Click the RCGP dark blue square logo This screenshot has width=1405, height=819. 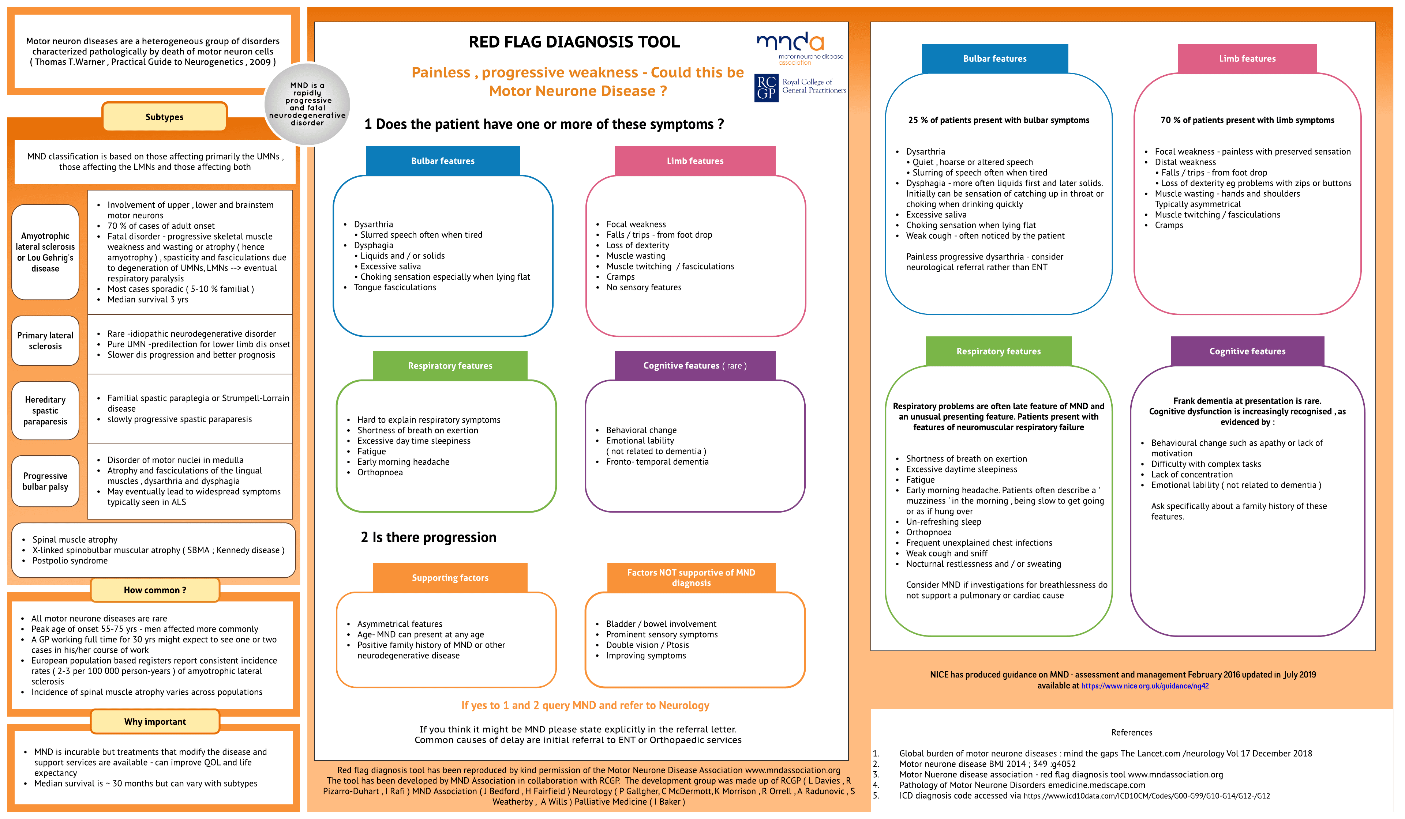pos(766,87)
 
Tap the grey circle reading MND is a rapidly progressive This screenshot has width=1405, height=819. pos(307,104)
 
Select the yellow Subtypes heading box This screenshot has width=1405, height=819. pos(165,117)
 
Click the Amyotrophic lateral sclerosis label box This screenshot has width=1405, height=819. pos(45,252)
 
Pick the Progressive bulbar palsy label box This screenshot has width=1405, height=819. pos(45,481)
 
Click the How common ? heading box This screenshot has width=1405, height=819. pos(155,590)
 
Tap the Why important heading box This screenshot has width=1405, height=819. pos(155,721)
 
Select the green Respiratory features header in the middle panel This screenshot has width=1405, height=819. pos(450,366)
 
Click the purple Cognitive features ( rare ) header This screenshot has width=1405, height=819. pos(695,366)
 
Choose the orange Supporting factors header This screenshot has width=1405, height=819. pos(450,578)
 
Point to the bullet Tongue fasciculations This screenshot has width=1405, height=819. pos(395,287)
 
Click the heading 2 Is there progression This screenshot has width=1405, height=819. pos(428,537)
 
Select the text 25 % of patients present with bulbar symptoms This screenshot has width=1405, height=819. pos(998,120)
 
